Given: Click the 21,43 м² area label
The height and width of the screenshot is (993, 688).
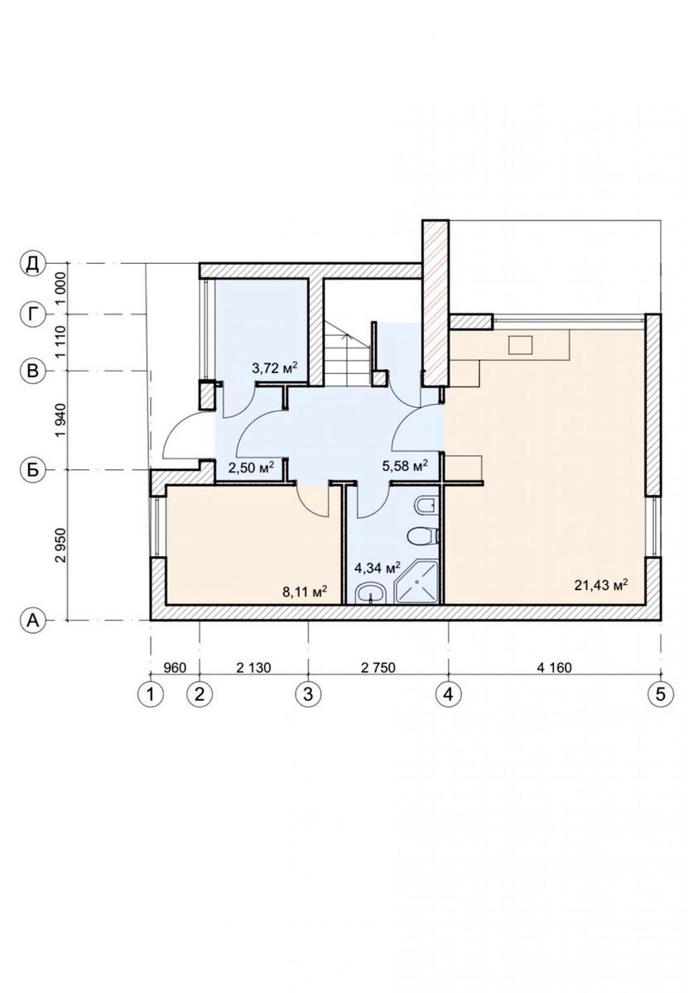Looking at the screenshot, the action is [601, 585].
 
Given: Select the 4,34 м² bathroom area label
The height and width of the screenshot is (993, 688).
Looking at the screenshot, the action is [378, 568].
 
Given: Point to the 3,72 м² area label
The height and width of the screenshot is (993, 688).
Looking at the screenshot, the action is [274, 367].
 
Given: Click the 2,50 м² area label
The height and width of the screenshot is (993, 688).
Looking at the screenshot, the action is [251, 467].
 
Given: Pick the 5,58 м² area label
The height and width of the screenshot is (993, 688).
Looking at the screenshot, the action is [405, 465].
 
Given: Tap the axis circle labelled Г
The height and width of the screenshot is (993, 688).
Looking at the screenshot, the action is [32, 314].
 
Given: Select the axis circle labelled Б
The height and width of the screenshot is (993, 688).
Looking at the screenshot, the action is [32, 470].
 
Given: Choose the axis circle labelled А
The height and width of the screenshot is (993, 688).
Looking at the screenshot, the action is [32, 621].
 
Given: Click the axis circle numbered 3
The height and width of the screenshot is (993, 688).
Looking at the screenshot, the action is [308, 693].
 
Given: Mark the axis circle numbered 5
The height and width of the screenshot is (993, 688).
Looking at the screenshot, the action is [661, 693].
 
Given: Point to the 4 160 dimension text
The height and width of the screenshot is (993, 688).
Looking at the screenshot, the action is [555, 668].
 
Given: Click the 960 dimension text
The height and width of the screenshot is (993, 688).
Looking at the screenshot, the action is [175, 668].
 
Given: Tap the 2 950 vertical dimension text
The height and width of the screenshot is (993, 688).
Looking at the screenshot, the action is [60, 544].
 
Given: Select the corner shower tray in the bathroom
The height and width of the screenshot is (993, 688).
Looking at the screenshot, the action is [417, 582].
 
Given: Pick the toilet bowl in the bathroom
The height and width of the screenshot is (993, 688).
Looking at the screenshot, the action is [423, 535].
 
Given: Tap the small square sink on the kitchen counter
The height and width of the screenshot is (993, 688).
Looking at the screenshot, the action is [520, 344].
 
